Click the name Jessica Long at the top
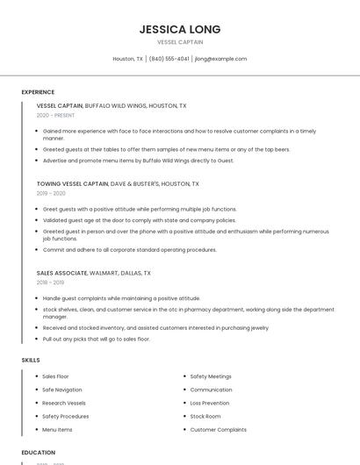pos(179,29)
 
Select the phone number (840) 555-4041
pos(169,59)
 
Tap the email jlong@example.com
pos(220,59)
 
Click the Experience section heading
pos(38,92)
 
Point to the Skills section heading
pos(31,360)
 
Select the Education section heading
pos(38,453)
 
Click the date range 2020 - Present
pos(55,115)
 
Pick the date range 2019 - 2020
pos(51,193)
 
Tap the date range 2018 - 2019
pos(50,283)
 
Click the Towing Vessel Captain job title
pos(73,184)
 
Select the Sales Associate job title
pos(61,273)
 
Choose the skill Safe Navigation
pos(62,390)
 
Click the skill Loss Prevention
pos(210,403)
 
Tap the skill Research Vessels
pos(63,403)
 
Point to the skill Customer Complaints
pos(218,430)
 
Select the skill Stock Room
pos(205,416)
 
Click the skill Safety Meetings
pos(211,376)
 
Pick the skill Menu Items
pos(57,430)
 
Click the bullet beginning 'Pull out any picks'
pos(97,339)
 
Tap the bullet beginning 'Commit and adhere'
pos(129,249)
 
